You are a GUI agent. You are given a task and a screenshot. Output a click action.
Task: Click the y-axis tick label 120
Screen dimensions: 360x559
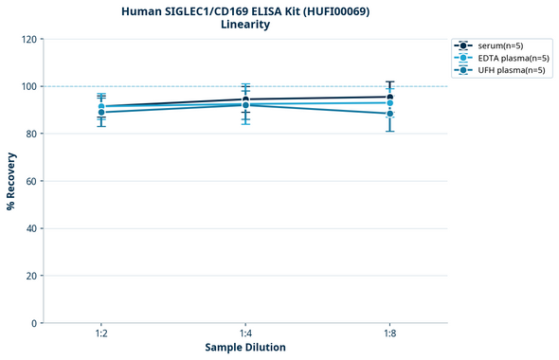pyautogui.click(x=27, y=39)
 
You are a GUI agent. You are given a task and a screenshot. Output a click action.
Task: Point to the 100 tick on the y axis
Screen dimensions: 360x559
pyautogui.click(x=27, y=86)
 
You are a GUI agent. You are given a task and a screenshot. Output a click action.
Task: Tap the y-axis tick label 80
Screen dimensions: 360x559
pyautogui.click(x=30, y=134)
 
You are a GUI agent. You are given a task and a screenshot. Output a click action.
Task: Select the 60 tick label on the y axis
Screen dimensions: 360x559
pyautogui.click(x=30, y=181)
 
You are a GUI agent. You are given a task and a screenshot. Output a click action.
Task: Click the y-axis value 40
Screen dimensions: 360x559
pyautogui.click(x=30, y=228)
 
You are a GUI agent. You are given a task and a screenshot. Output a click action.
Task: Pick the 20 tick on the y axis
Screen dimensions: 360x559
pyautogui.click(x=30, y=276)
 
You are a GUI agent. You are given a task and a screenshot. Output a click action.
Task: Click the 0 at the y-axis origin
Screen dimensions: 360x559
pyautogui.click(x=33, y=323)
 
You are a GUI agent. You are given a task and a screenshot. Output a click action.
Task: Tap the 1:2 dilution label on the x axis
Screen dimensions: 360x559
pyautogui.click(x=101, y=334)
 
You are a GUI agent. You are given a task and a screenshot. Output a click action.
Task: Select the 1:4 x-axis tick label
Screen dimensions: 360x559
pyautogui.click(x=245, y=334)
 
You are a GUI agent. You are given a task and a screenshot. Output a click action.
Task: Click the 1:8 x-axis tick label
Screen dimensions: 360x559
pyautogui.click(x=389, y=334)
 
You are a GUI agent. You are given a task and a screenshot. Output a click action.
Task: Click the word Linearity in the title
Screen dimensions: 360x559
pyautogui.click(x=245, y=25)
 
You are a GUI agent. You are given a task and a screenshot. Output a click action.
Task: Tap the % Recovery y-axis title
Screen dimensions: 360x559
pyautogui.click(x=11, y=181)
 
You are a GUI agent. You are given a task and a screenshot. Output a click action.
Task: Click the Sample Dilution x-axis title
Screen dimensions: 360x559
pyautogui.click(x=245, y=348)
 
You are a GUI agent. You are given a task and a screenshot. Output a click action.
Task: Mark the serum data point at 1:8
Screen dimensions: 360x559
pyautogui.click(x=389, y=97)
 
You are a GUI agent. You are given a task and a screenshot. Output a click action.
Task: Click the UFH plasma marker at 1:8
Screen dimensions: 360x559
pyautogui.click(x=389, y=114)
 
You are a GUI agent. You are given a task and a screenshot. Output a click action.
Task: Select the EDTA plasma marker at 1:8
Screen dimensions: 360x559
pyautogui.click(x=389, y=102)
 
